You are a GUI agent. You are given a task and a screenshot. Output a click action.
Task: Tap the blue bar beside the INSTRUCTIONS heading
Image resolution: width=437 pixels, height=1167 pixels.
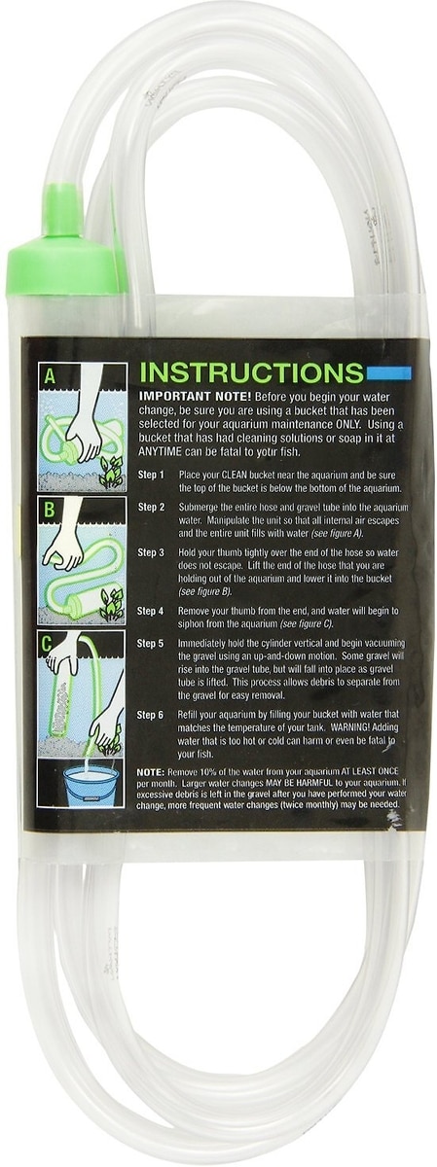click(389, 372)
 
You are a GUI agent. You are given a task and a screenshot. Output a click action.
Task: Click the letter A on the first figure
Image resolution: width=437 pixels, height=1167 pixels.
click(50, 375)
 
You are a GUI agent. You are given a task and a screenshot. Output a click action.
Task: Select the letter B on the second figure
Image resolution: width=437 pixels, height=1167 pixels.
click(49, 509)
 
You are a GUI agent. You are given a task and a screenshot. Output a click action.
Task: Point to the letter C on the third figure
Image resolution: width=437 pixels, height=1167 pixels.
click(48, 644)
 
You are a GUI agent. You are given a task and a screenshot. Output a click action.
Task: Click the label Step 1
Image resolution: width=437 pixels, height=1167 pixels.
click(151, 475)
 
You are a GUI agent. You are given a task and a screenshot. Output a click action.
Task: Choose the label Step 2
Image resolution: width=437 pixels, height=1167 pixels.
click(151, 507)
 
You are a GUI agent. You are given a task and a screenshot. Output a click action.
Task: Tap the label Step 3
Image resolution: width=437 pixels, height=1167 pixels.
click(151, 552)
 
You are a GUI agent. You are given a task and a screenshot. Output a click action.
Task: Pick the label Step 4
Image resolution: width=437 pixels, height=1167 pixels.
click(150, 611)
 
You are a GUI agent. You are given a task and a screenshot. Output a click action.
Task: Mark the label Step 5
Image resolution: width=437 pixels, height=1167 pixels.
click(150, 644)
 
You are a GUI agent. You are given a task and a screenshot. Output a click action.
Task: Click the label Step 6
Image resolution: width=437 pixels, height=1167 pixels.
click(150, 715)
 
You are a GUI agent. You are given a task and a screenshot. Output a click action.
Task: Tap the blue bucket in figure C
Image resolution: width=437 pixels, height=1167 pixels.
click(91, 785)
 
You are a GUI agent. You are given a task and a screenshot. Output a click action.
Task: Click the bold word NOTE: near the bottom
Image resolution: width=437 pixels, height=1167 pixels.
click(151, 770)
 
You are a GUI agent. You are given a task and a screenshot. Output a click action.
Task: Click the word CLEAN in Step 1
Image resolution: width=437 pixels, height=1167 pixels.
click(237, 476)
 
